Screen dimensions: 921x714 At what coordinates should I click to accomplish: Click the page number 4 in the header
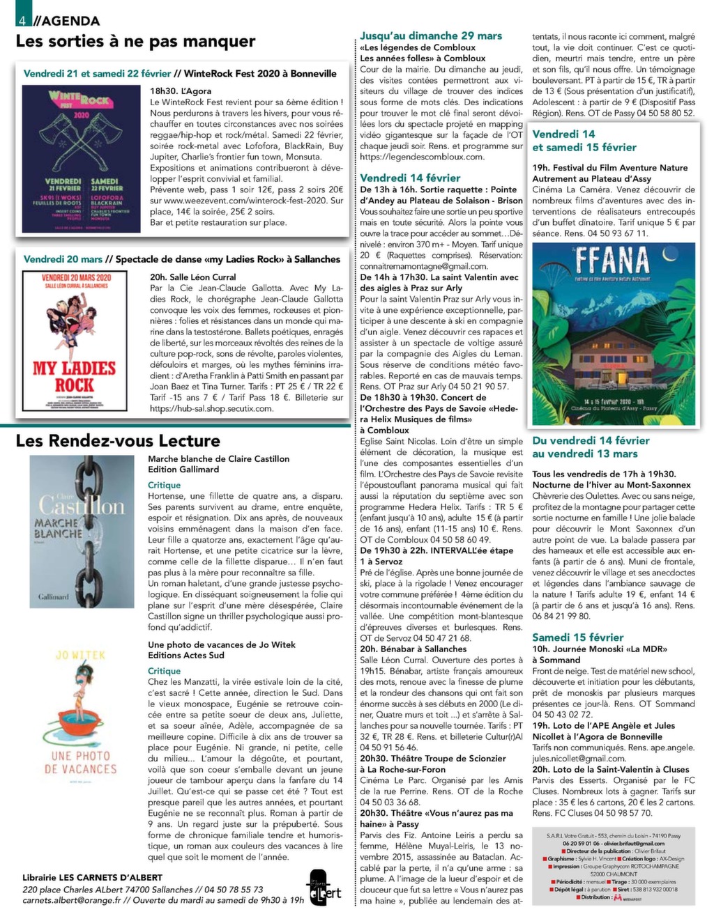coord(24,20)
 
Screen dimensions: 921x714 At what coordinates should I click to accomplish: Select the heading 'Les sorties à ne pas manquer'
coord(135,41)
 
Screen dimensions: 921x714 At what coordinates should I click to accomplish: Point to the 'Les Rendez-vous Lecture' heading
coord(118,440)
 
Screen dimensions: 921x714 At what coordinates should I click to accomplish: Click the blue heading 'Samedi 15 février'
coord(577,637)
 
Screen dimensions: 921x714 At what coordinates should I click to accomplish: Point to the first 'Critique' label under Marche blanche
coord(165,485)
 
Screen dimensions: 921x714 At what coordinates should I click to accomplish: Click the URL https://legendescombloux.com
coord(422,157)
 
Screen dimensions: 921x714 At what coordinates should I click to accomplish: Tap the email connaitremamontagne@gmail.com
coord(424,266)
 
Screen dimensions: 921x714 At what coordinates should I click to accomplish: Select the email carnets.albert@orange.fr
coord(71,899)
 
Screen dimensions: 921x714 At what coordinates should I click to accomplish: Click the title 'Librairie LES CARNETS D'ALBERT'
coord(92,877)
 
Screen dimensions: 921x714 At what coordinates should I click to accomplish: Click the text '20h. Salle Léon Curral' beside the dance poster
coord(192,277)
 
